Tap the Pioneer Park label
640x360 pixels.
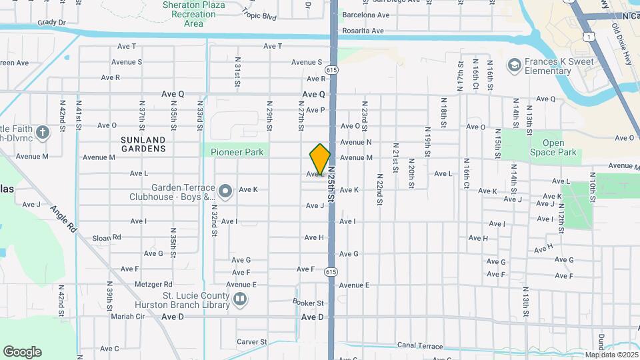[x=237, y=152]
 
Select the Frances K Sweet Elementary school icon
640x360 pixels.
[x=514, y=65]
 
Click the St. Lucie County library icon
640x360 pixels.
[x=240, y=301]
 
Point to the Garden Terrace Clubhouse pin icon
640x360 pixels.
[x=225, y=192]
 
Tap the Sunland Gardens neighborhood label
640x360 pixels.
[x=143, y=144]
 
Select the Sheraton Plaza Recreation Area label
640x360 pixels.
[x=193, y=14]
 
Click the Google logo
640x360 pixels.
[x=22, y=352]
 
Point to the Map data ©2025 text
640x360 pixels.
[x=610, y=355]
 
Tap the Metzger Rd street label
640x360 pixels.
[x=153, y=284]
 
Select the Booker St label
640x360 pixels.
[x=308, y=303]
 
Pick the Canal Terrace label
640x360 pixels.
[x=420, y=346]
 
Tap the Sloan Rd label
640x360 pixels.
[x=107, y=237]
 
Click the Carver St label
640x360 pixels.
[x=253, y=342]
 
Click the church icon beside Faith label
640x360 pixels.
[x=42, y=132]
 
